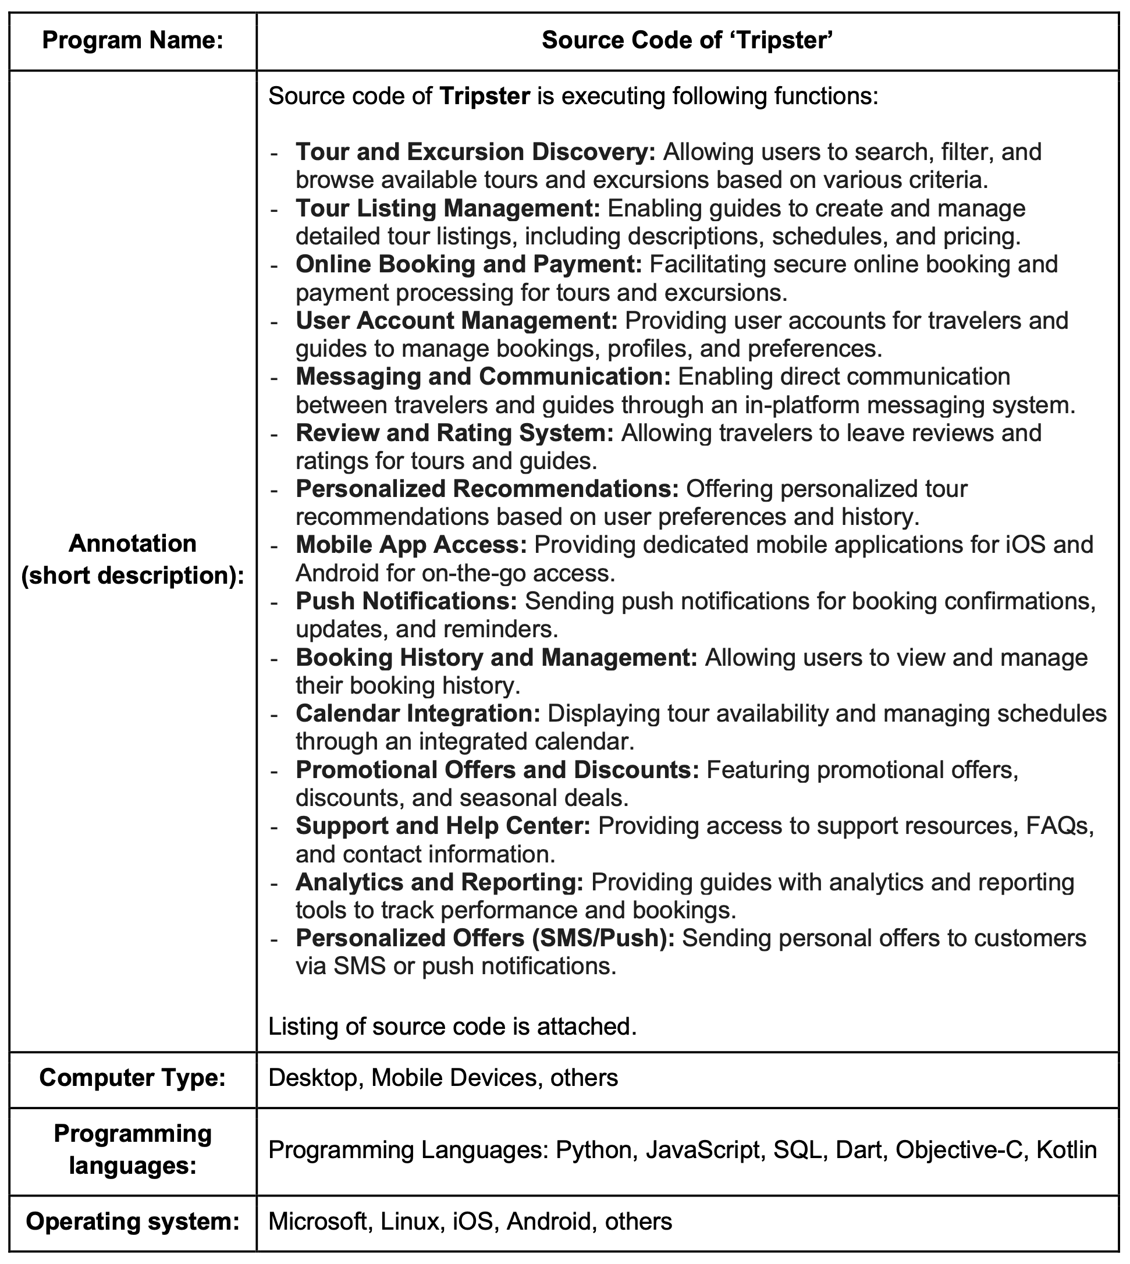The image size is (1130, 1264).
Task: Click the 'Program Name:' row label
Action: [132, 41]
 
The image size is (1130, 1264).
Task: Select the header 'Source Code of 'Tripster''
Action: [687, 41]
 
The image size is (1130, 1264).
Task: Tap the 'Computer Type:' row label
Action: [132, 1078]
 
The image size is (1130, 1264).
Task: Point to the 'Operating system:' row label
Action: [132, 1222]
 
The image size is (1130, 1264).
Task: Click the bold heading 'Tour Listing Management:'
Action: [447, 208]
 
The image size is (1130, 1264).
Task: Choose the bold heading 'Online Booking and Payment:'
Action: [469, 264]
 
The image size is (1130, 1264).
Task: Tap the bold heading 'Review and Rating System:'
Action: [454, 434]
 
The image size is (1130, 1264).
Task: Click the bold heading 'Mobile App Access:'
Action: [411, 545]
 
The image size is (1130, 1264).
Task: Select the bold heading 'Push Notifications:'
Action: [407, 602]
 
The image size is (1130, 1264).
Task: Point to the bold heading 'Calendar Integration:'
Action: [418, 714]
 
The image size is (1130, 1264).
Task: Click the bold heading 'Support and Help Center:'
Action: [443, 826]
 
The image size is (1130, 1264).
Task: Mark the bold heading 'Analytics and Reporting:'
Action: [439, 882]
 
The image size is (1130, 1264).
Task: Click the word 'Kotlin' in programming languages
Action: [1066, 1151]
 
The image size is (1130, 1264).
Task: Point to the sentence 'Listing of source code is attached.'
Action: [453, 1027]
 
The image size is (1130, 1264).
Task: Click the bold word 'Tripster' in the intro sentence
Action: [484, 97]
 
